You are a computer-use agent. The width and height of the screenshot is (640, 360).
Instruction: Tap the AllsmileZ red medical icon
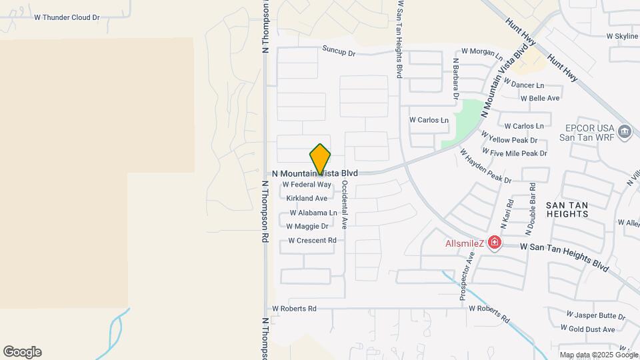point(494,243)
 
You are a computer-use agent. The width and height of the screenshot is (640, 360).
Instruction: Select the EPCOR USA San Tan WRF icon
point(624,131)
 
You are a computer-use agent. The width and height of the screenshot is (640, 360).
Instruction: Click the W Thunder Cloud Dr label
point(67,18)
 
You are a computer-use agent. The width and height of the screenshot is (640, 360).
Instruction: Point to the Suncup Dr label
point(339,51)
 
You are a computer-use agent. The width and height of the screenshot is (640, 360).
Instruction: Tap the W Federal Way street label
point(307,185)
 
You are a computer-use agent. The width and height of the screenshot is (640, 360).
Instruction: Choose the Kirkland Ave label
point(307,199)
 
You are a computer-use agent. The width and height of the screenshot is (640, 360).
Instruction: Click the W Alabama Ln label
point(313,213)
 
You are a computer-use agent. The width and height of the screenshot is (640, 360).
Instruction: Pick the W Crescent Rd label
point(311,241)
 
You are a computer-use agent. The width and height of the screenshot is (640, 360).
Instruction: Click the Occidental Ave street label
point(345,204)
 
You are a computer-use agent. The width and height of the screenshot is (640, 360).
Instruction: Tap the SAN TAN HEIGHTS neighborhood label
point(567,209)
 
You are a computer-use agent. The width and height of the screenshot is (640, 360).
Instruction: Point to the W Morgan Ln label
point(482,52)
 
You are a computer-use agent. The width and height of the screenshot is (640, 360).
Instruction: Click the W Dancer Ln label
point(524,85)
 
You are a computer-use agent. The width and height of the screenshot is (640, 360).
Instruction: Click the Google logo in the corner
point(22,352)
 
